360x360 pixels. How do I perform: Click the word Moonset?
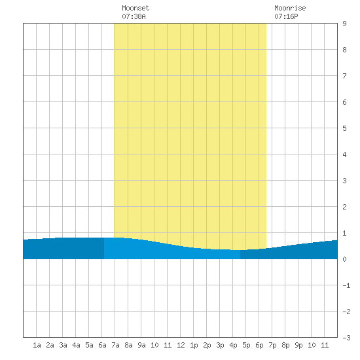pyautogui.click(x=135, y=8)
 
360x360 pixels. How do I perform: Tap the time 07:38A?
pyautogui.click(x=134, y=16)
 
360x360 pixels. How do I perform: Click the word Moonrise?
pyautogui.click(x=290, y=8)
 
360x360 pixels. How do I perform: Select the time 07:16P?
pyautogui.click(x=286, y=16)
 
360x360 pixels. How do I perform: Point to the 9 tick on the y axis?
pyautogui.click(x=344, y=24)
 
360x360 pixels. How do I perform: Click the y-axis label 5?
pyautogui.click(x=344, y=128)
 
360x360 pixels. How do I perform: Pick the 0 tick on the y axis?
pyautogui.click(x=344, y=259)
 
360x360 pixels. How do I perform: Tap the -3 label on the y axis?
pyautogui.click(x=346, y=338)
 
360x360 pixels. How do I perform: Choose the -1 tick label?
pyautogui.click(x=346, y=285)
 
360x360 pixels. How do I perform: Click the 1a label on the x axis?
pyautogui.click(x=37, y=345)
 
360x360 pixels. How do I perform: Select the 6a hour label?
pyautogui.click(x=102, y=345)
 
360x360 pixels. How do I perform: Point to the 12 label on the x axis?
pyautogui.click(x=181, y=345)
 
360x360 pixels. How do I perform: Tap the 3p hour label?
pyautogui.click(x=220, y=345)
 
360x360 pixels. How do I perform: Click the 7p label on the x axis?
pyautogui.click(x=272, y=345)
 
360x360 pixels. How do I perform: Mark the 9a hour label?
pyautogui.click(x=141, y=345)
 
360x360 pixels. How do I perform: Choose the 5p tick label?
pyautogui.click(x=246, y=345)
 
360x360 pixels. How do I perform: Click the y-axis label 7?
pyautogui.click(x=344, y=76)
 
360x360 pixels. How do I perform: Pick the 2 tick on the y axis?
pyautogui.click(x=344, y=207)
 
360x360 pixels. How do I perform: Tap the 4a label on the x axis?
pyautogui.click(x=76, y=345)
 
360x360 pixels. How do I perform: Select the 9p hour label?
pyautogui.click(x=298, y=345)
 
